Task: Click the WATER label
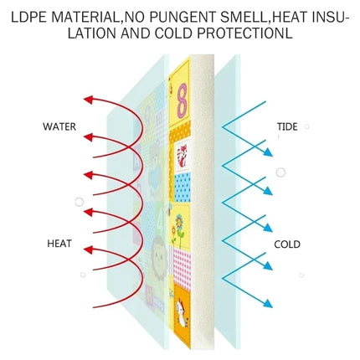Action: [x=59, y=126]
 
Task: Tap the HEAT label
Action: [x=59, y=244]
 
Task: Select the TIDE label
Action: [x=287, y=126]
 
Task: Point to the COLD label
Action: [x=287, y=244]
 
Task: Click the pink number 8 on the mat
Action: [x=182, y=100]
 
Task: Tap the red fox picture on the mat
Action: [x=183, y=155]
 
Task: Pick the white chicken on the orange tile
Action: [x=182, y=313]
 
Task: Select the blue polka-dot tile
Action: [x=183, y=187]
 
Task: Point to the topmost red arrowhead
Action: [x=89, y=100]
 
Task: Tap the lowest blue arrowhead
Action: [x=268, y=303]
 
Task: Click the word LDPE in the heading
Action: [x=28, y=18]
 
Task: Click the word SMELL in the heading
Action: [x=244, y=18]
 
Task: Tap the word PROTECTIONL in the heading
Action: [x=244, y=33]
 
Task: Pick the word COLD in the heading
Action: [x=174, y=33]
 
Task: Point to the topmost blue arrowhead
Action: [x=268, y=152]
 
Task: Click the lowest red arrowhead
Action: [x=89, y=249]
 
